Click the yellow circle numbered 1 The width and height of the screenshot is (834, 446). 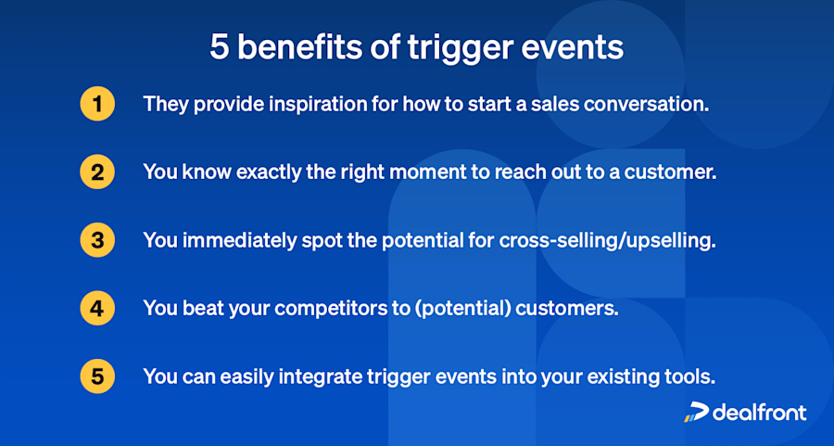pyautogui.click(x=97, y=105)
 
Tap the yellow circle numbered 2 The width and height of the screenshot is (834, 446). pyautogui.click(x=97, y=173)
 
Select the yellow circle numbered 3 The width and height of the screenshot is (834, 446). pyautogui.click(x=97, y=241)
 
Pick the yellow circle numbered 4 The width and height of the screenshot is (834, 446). pyautogui.click(x=97, y=309)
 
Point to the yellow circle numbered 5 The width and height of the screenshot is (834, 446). pyautogui.click(x=97, y=376)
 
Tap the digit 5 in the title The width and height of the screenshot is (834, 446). pyautogui.click(x=219, y=47)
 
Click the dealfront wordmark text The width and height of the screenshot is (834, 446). pyautogui.click(x=759, y=413)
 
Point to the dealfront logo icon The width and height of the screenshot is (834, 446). pyautogui.click(x=695, y=413)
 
